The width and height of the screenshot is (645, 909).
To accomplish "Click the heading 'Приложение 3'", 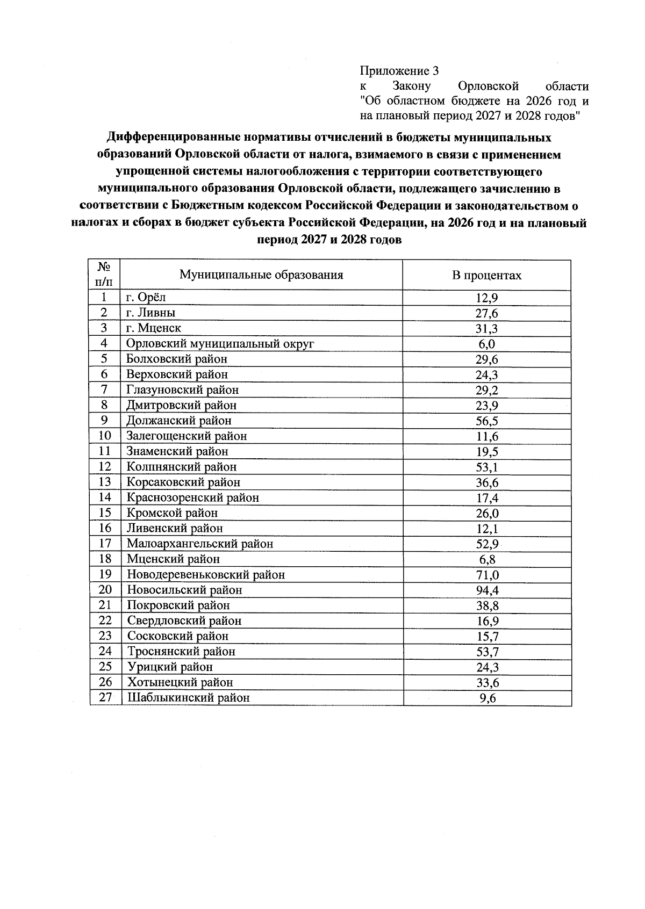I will (x=399, y=71).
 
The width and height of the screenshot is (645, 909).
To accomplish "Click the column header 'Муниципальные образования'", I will (x=261, y=275).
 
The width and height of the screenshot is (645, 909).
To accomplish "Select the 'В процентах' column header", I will (x=486, y=275).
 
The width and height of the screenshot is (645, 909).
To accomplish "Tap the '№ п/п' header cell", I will (x=104, y=274).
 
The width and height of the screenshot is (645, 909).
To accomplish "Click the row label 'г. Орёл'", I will (x=146, y=298).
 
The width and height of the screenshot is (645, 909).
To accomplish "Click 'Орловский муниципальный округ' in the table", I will (x=220, y=343).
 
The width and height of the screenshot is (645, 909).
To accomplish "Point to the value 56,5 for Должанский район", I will (x=486, y=421).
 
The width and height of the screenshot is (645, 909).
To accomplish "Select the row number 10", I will (x=105, y=436).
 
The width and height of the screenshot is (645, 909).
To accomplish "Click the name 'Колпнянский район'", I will (x=182, y=467).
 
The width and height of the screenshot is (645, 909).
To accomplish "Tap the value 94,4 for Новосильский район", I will (x=486, y=590).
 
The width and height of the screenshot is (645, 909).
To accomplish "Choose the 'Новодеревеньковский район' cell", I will (x=206, y=575).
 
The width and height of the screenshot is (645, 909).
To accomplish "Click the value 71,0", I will (x=486, y=575).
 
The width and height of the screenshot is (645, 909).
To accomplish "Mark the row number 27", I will (x=105, y=697).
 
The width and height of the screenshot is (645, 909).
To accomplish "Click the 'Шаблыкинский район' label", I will (x=189, y=698).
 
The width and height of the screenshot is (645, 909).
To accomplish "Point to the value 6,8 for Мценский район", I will (x=486, y=560).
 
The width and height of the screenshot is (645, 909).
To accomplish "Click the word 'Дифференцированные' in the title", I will (x=164, y=138).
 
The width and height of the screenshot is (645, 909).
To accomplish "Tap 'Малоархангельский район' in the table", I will (x=200, y=544).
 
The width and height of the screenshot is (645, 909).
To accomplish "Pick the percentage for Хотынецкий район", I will (x=486, y=683).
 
